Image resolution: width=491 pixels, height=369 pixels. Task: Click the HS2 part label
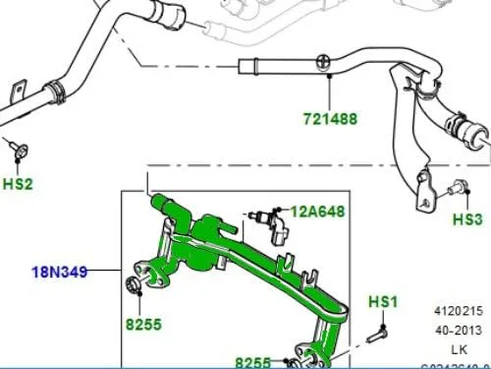pyautogui.click(x=17, y=183)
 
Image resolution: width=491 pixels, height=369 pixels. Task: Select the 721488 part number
pyautogui.click(x=329, y=119)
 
